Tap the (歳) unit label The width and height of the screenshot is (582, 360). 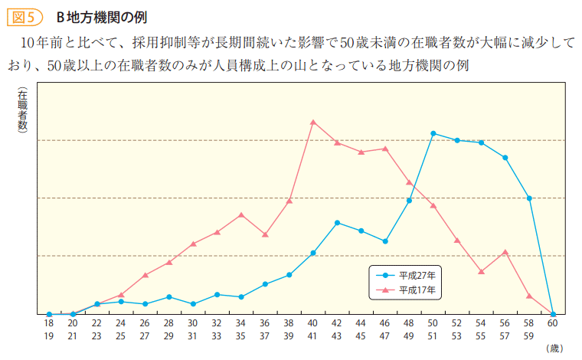pyautogui.click(x=554, y=348)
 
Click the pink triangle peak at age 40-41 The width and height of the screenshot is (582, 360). pyautogui.click(x=313, y=121)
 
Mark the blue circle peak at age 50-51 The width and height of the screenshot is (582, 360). pyautogui.click(x=433, y=133)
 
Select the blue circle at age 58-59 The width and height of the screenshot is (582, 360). pyautogui.click(x=529, y=198)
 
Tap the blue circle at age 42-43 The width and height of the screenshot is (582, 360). pyautogui.click(x=337, y=223)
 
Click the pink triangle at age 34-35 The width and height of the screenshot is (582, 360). pyautogui.click(x=241, y=214)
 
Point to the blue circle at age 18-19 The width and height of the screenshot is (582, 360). pyautogui.click(x=49, y=314)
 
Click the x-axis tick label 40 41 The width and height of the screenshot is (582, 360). pyautogui.click(x=313, y=330)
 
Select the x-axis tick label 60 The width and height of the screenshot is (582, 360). pyautogui.click(x=553, y=325)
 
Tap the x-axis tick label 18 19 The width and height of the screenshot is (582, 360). pyautogui.click(x=49, y=330)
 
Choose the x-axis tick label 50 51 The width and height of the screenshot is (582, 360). pyautogui.click(x=433, y=330)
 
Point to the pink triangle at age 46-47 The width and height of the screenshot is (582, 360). pyautogui.click(x=385, y=149)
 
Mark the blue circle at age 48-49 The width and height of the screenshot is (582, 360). pyautogui.click(x=410, y=201)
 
